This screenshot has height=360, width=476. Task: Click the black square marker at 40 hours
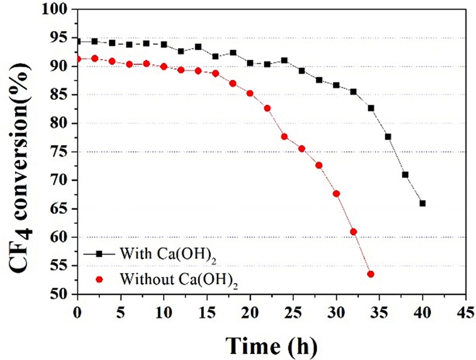coord(422,203)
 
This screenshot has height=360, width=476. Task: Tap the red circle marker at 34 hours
coord(371,274)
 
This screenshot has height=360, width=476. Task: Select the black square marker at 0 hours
coord(77,42)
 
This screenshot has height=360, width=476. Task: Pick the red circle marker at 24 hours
coord(284,136)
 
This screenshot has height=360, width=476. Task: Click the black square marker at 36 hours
coord(388,136)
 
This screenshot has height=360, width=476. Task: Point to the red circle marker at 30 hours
coord(336,193)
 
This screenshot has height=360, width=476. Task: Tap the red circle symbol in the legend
coord(100,277)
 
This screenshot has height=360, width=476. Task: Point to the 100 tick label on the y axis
coord(59,10)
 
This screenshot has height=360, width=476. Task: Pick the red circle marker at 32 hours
coord(353,231)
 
